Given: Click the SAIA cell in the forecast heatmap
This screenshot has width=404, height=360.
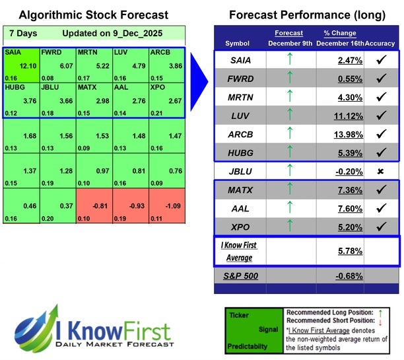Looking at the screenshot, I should tap(20, 63).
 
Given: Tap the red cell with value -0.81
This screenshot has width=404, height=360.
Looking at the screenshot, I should tap(94, 206).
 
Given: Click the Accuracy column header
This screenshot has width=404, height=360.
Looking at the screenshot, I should tap(380, 43).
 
